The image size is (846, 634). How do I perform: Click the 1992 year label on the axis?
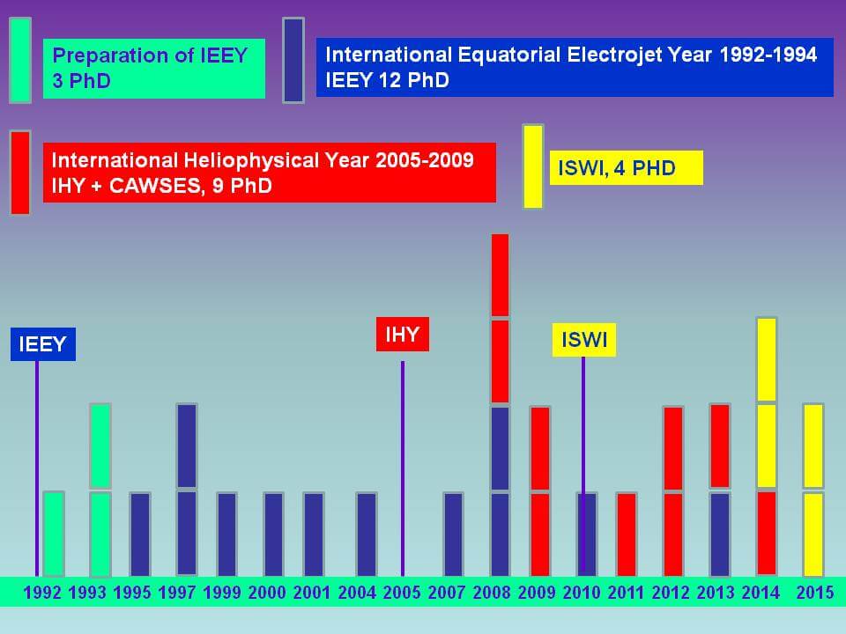click(42, 593)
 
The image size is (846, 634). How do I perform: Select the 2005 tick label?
click(402, 593)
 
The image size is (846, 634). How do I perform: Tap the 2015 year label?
click(814, 593)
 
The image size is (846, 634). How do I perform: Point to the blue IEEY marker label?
click(43, 343)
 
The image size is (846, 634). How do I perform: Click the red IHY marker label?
click(402, 334)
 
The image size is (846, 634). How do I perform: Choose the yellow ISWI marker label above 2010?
click(584, 340)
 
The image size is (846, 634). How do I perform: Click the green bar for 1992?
click(54, 533)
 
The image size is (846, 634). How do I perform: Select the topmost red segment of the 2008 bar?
click(501, 275)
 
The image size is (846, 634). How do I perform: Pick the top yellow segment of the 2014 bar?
click(767, 359)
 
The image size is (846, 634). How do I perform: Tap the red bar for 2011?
click(627, 533)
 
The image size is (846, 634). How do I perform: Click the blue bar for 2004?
click(367, 533)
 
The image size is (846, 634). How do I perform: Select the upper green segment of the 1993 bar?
click(100, 446)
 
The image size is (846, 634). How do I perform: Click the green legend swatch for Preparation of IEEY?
click(20, 60)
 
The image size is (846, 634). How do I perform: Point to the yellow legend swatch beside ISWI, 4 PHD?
click(533, 166)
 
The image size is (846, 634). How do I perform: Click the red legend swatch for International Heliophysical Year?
click(20, 172)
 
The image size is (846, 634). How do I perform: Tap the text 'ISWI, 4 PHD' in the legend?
click(617, 167)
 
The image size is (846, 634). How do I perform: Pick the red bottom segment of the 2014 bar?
click(767, 533)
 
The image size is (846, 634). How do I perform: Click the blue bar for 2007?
click(453, 533)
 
